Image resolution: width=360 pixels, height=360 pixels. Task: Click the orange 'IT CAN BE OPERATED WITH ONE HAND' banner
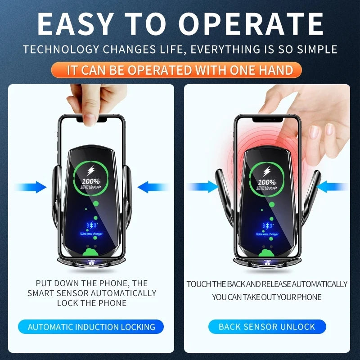(x=180, y=70)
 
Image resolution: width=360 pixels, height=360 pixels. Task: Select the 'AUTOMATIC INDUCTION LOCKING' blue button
(x=91, y=327)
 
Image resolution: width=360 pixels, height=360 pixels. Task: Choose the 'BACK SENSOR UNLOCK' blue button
(x=267, y=327)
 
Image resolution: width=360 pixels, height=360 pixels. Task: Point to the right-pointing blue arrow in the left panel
(x=31, y=187)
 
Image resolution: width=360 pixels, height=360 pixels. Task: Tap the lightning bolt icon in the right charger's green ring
(x=267, y=171)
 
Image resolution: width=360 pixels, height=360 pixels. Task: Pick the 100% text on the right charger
(x=267, y=182)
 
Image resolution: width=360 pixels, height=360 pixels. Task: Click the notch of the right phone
(x=267, y=119)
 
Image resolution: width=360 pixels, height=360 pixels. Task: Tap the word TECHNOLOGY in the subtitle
(x=54, y=49)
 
